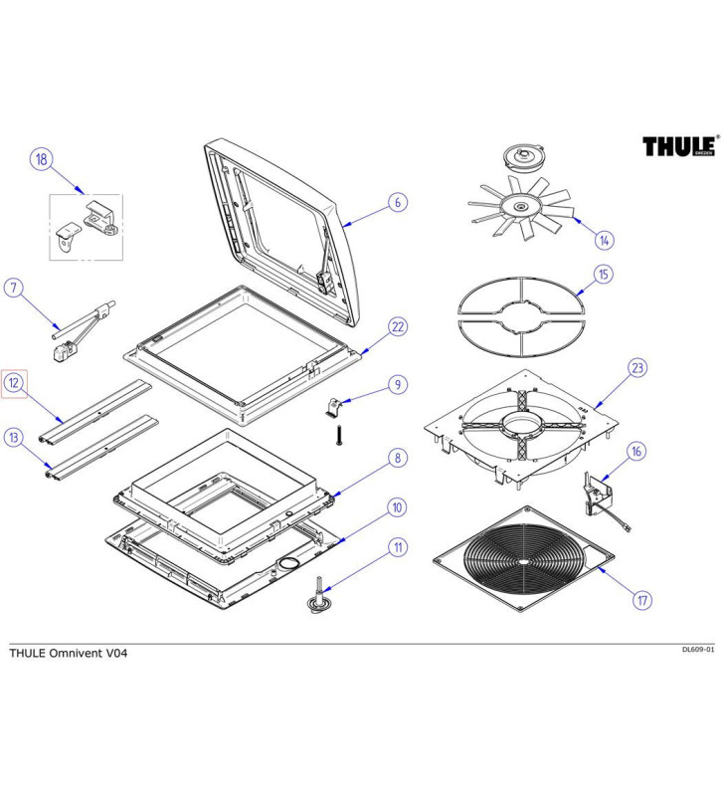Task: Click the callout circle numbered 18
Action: coord(41,160)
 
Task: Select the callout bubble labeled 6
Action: coord(396,203)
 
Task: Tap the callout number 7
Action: coord(14,289)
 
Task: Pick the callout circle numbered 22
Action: coord(396,326)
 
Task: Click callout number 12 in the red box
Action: coord(14,382)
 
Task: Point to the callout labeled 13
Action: coord(14,436)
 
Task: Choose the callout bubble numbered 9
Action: coord(396,383)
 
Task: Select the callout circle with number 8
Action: coord(396,458)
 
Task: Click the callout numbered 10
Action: coord(396,507)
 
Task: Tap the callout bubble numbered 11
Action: coord(396,545)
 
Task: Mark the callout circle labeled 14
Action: coord(605,240)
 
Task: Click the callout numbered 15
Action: coord(603,274)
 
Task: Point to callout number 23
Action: coord(636,368)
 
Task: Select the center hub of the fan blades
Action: coord(519,206)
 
